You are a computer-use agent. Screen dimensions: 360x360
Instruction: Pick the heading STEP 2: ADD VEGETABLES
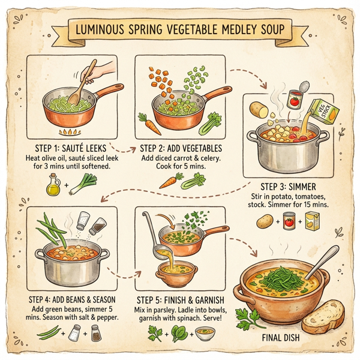point(181,148)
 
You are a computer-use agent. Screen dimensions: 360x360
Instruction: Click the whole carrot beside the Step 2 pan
point(149,124)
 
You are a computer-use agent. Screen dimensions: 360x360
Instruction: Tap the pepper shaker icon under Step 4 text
point(95,331)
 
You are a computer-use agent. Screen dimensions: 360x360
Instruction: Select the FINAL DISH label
point(282,338)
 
